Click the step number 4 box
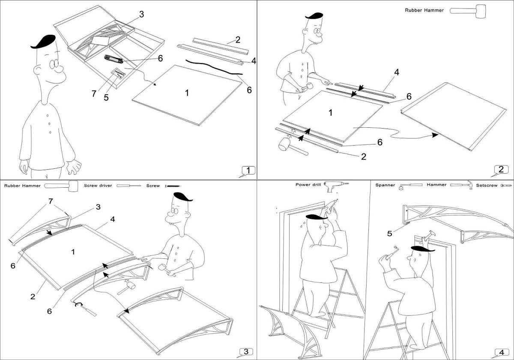pos(500,352)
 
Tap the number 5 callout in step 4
pos(389,234)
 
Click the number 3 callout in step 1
pos(141,14)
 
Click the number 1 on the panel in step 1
pos(187,93)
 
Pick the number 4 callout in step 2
pos(397,73)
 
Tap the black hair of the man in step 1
pos(44,42)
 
